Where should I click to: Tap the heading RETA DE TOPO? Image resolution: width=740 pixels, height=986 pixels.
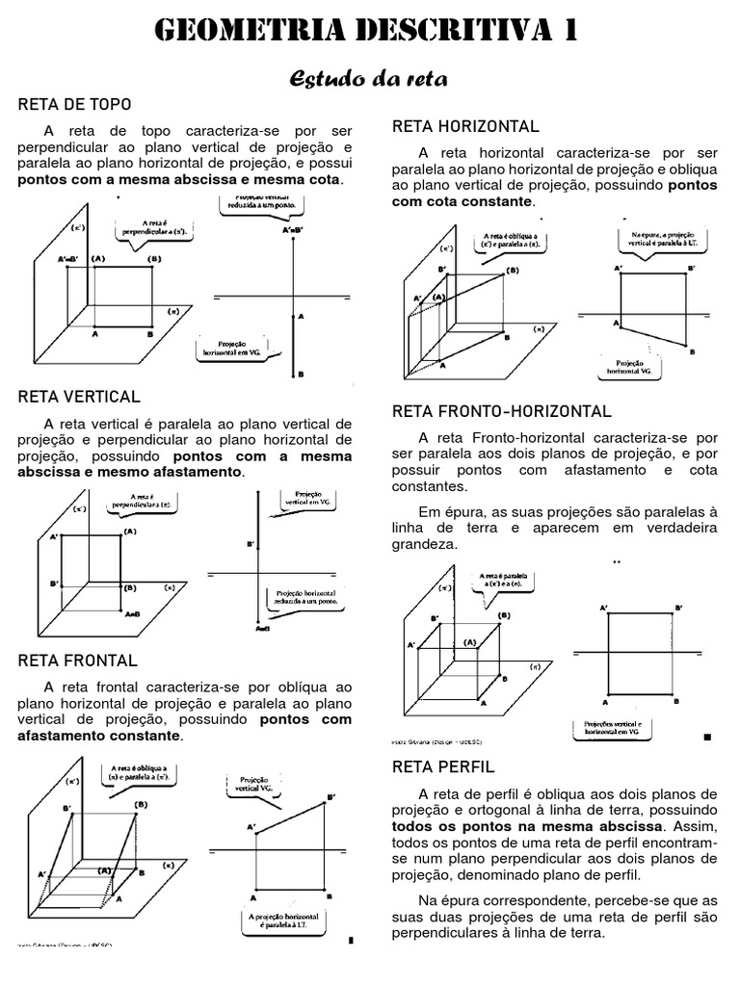pyautogui.click(x=74, y=104)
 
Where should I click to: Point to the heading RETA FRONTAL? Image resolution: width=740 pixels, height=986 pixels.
pyautogui.click(x=77, y=661)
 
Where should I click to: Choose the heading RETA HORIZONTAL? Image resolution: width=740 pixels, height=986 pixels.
pyautogui.click(x=464, y=127)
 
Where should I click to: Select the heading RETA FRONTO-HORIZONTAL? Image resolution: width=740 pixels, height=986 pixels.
pyautogui.click(x=501, y=411)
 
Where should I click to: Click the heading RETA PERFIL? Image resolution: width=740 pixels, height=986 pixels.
pyautogui.click(x=442, y=767)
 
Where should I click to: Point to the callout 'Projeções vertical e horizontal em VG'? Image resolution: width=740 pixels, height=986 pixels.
pyautogui.click(x=614, y=728)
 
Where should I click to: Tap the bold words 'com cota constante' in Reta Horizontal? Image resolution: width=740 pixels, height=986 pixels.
pyautogui.click(x=461, y=201)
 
